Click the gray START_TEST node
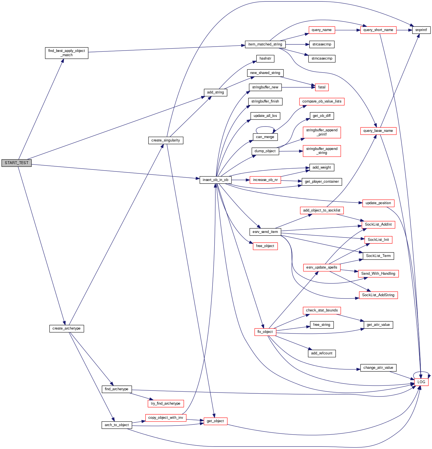(x=16, y=163)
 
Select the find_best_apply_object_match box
(x=66, y=53)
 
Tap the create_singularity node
(x=166, y=140)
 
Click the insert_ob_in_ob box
(x=215, y=180)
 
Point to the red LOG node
(x=421, y=382)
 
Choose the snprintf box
(x=421, y=30)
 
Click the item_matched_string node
(x=265, y=44)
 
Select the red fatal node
(x=322, y=87)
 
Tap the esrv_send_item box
(x=265, y=232)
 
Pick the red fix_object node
(x=265, y=332)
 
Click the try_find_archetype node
(x=166, y=404)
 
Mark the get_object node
(x=215, y=421)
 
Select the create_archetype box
(x=66, y=328)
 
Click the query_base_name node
(x=378, y=131)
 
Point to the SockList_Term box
(x=378, y=256)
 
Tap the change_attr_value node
(x=378, y=368)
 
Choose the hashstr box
(x=265, y=58)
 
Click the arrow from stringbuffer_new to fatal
(x=298, y=87)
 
